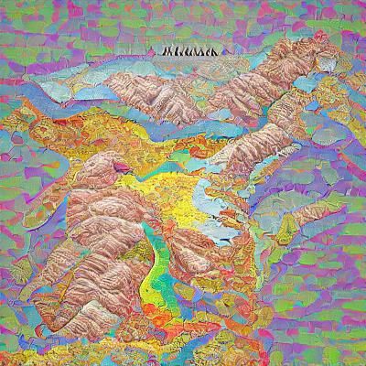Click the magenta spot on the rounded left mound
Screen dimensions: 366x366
pyautogui.click(x=104, y=168)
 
